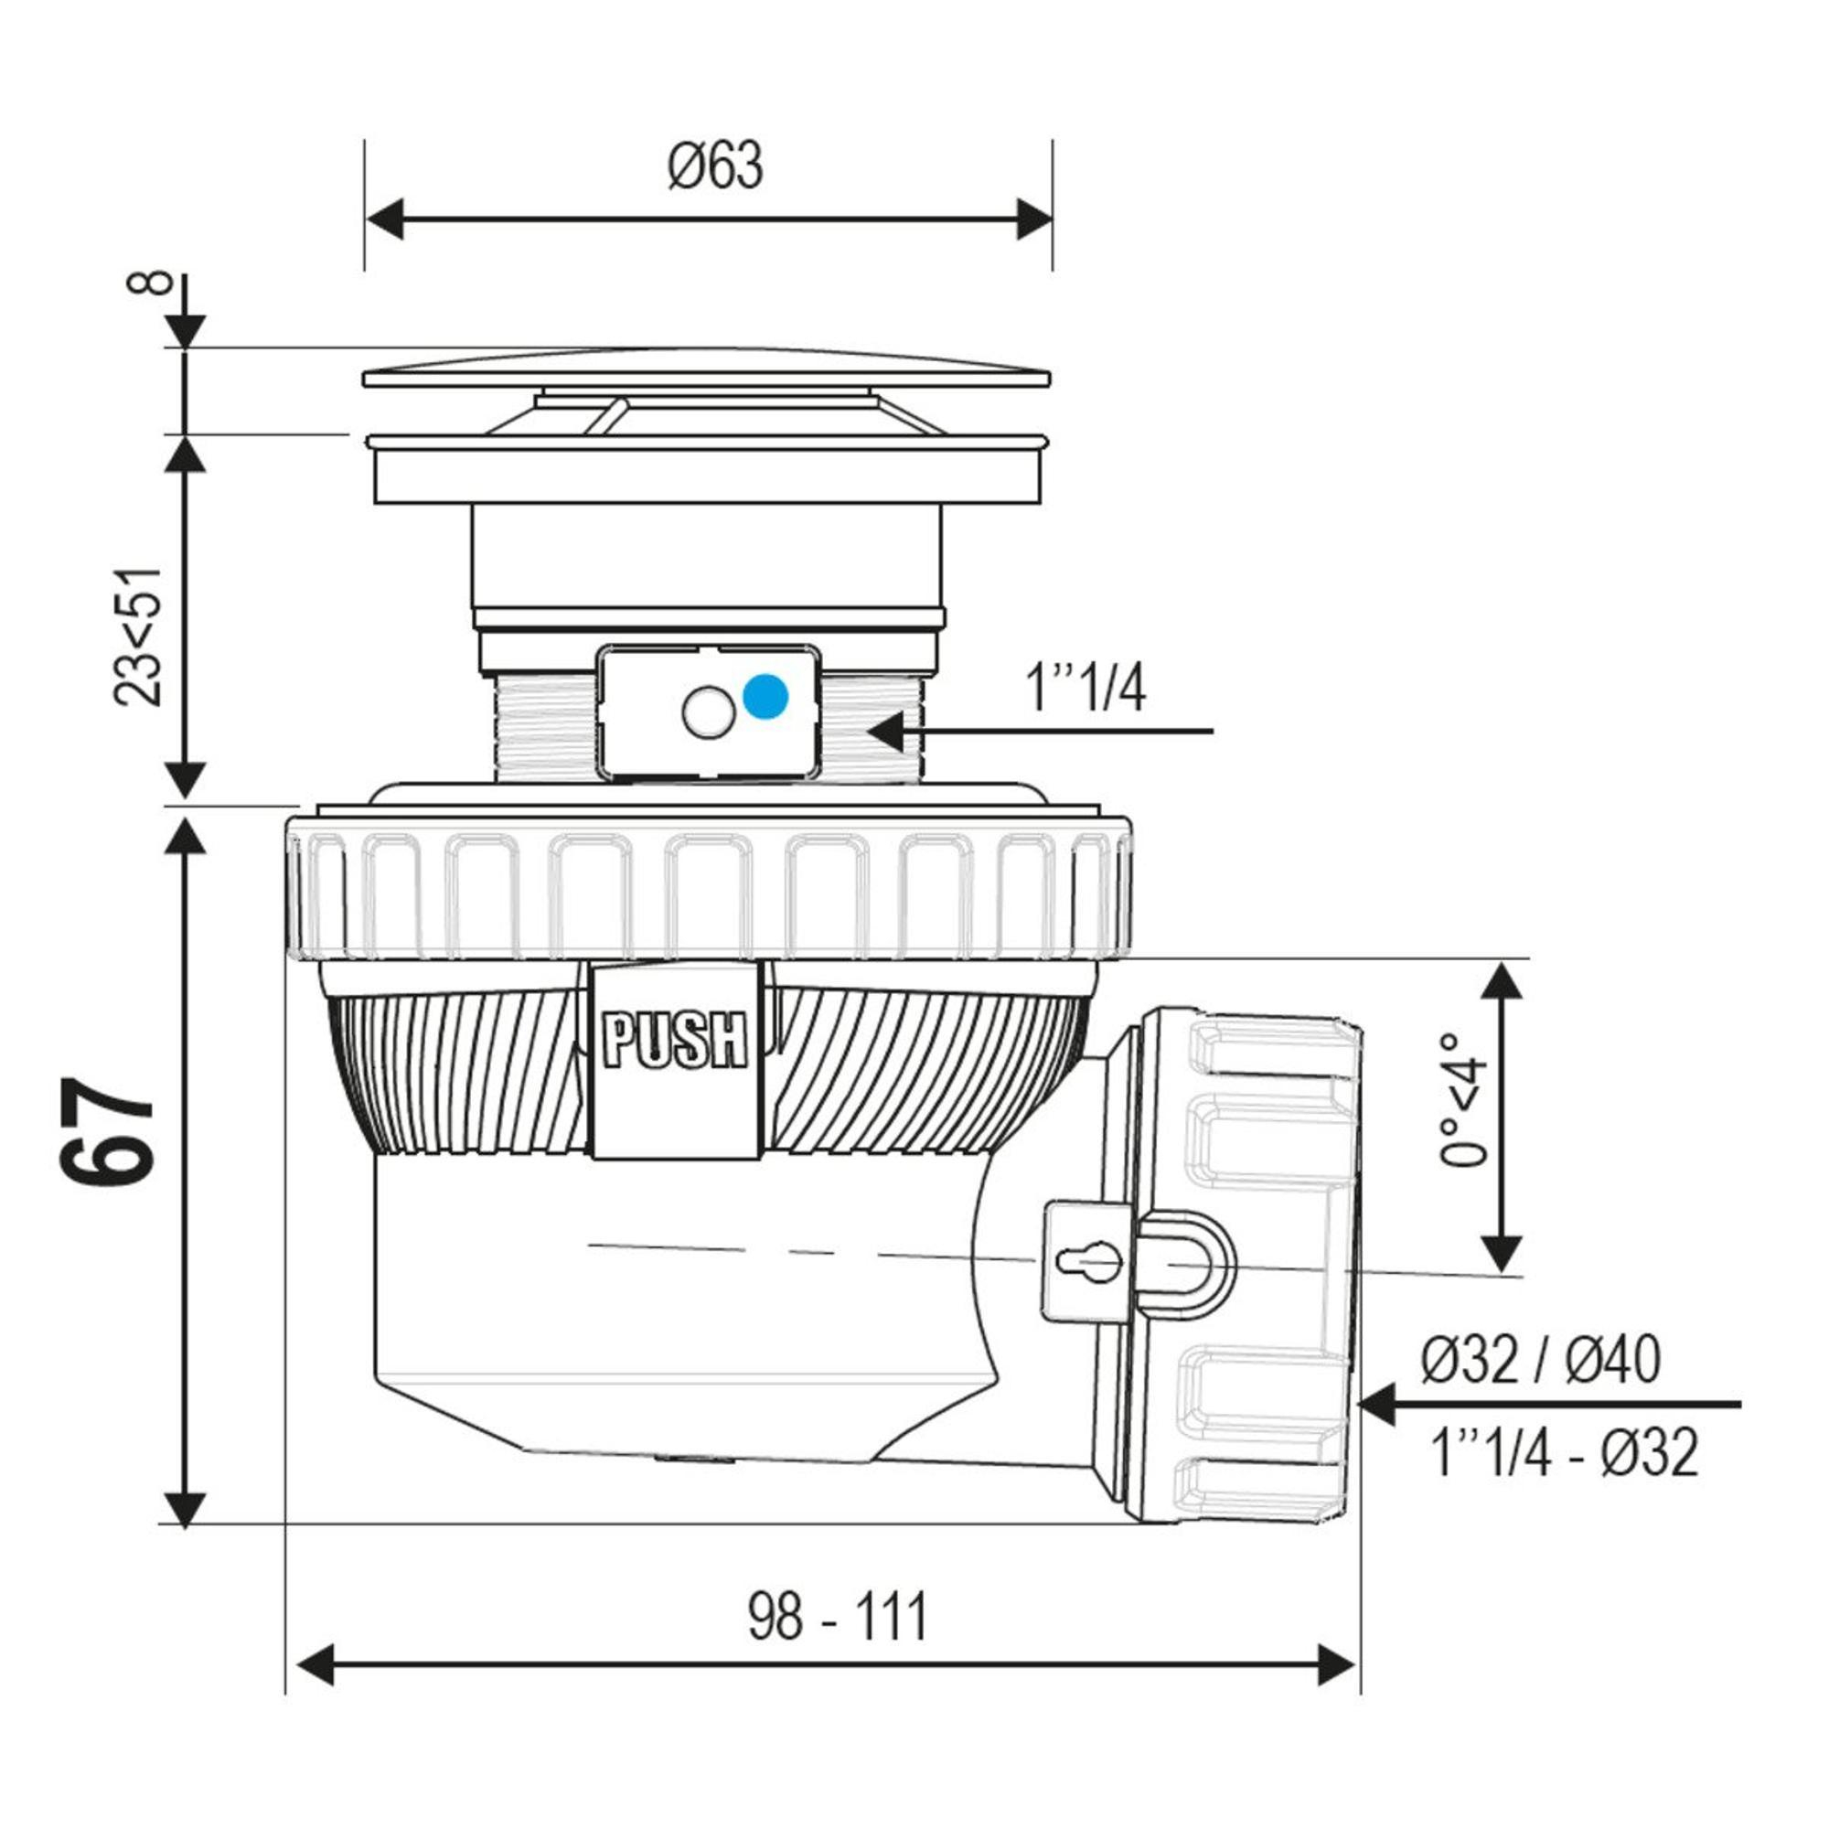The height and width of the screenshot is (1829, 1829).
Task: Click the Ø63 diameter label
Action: [715, 166]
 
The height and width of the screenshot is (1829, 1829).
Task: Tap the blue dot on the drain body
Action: [765, 697]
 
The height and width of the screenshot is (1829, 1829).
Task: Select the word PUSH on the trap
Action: [675, 1041]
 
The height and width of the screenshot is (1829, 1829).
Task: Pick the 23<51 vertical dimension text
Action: [138, 637]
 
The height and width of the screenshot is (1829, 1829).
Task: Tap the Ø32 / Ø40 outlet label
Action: [1540, 1361]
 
